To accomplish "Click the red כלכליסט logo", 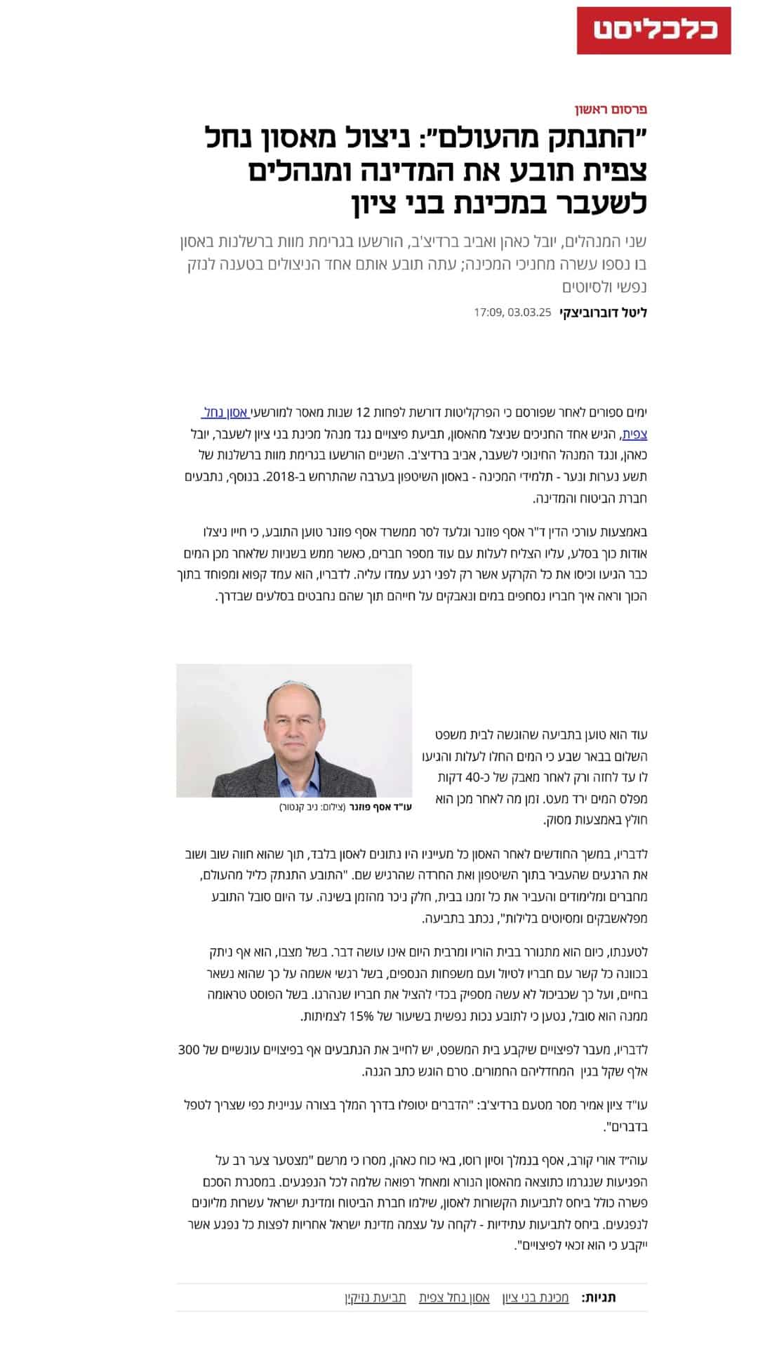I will tap(653, 30).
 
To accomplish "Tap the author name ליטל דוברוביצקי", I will tap(603, 312).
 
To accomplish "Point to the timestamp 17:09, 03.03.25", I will tap(513, 312).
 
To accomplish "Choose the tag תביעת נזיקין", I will tap(375, 1297).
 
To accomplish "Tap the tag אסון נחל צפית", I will tap(454, 1297).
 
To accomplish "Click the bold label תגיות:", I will tap(599, 1297).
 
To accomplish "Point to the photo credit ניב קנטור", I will tap(300, 807).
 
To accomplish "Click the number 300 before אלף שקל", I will tap(189, 1050).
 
